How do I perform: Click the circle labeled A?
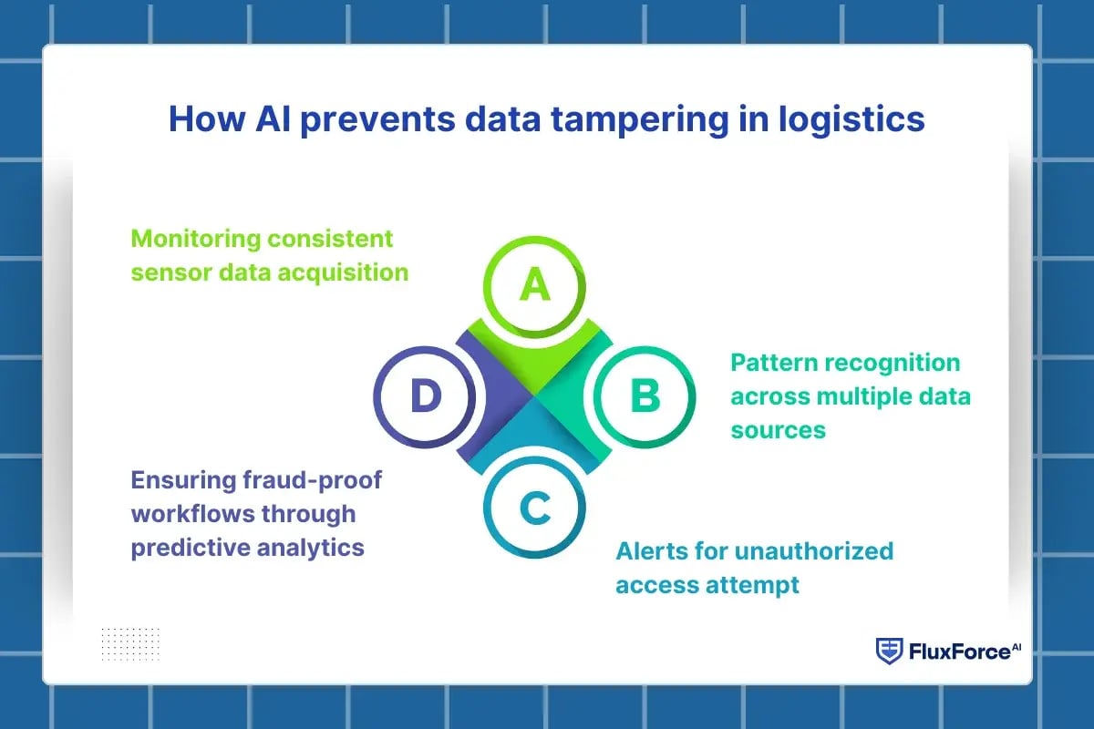(x=535, y=286)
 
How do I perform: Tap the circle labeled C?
(x=535, y=508)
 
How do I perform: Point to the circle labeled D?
(x=425, y=396)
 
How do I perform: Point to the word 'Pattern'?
(x=774, y=363)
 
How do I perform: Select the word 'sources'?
(x=778, y=429)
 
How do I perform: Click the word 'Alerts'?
(x=650, y=551)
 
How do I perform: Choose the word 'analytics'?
(x=310, y=547)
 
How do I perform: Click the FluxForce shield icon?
(x=888, y=651)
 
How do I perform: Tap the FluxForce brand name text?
(x=957, y=652)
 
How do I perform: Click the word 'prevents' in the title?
(x=365, y=121)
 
